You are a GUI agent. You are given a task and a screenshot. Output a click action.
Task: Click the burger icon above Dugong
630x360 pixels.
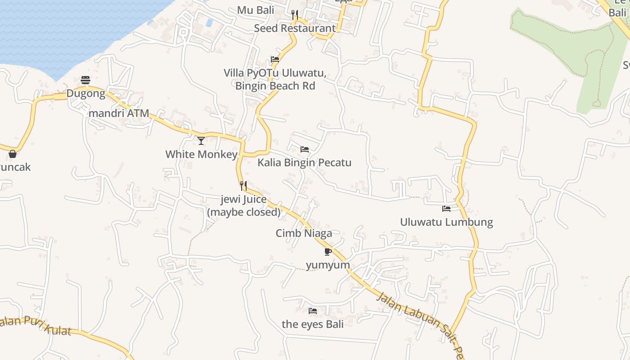click(85, 81)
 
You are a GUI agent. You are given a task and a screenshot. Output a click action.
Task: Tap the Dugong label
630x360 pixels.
click(85, 94)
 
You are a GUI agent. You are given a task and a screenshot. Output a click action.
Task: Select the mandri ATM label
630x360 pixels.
click(119, 113)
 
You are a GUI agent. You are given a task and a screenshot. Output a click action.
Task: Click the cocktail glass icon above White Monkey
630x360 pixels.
click(201, 141)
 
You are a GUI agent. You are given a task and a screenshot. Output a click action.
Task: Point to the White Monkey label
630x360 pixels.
click(201, 154)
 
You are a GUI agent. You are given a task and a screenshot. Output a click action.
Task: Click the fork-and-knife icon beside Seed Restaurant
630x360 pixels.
click(295, 15)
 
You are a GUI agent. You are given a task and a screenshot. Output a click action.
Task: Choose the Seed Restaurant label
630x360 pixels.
click(295, 28)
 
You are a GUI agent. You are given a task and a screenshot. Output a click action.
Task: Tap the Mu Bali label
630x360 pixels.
click(256, 10)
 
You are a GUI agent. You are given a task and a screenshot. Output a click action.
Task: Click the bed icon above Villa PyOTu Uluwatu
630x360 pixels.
click(275, 59)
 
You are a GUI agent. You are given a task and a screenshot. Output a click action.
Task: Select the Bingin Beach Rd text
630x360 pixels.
click(275, 85)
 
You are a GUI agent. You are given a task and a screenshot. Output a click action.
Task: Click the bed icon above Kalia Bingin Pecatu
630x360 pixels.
click(305, 149)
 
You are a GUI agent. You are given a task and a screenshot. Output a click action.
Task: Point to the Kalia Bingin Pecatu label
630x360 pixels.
click(304, 162)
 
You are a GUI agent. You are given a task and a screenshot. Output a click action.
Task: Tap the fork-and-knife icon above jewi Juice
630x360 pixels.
click(243, 185)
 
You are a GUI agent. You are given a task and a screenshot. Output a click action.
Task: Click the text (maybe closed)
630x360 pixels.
click(243, 212)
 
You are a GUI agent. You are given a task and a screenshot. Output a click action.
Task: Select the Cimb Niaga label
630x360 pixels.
click(304, 233)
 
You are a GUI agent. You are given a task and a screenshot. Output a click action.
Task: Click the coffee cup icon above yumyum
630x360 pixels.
click(328, 252)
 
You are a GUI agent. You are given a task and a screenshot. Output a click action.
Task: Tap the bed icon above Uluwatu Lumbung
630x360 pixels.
click(446, 209)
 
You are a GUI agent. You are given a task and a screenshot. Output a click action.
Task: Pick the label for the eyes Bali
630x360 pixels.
click(313, 324)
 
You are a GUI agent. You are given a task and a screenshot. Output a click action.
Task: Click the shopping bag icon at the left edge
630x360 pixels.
click(13, 154)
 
